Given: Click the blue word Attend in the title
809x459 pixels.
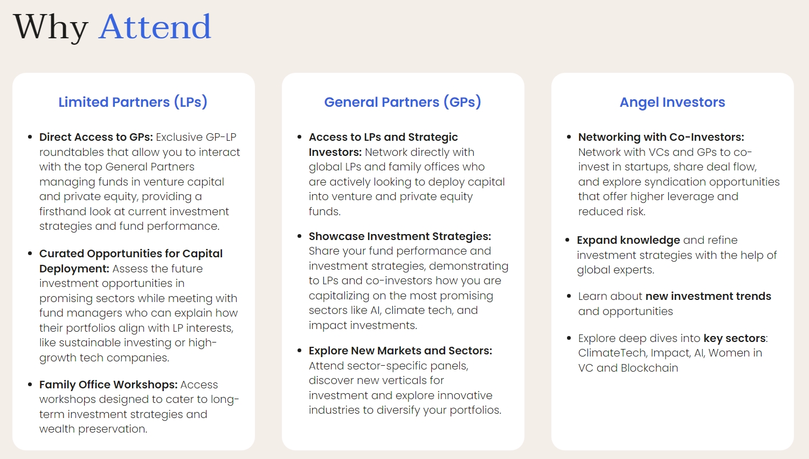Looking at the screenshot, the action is pos(155,26).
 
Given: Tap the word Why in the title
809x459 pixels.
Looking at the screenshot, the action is pos(51,28).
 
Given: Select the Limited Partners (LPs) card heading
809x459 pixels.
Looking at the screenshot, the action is pos(133,102).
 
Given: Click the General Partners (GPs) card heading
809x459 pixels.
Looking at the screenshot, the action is pos(403,102).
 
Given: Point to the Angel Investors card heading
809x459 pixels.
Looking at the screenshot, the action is pos(672,102).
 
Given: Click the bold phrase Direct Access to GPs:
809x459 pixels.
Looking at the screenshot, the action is pos(96,138).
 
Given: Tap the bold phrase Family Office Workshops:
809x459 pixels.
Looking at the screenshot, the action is pos(108,385).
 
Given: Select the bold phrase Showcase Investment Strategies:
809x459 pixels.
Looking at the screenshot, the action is pos(400,236).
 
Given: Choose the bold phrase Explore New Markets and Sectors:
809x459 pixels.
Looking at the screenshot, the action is pos(400,351).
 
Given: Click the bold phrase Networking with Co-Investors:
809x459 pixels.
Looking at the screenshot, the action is pos(661,138).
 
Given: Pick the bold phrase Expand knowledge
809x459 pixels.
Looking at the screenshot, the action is pos(628,241).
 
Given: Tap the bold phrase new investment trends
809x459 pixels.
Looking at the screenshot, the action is pos(708,296).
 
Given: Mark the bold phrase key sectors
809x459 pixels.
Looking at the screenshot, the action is pos(735,338).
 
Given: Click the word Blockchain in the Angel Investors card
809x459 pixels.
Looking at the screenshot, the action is pos(649,368).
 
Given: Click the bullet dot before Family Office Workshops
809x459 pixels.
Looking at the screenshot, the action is pos(30,385).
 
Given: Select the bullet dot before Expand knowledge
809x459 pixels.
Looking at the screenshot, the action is pos(568,240).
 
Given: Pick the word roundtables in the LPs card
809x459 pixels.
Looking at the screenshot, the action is pos(72,152).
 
